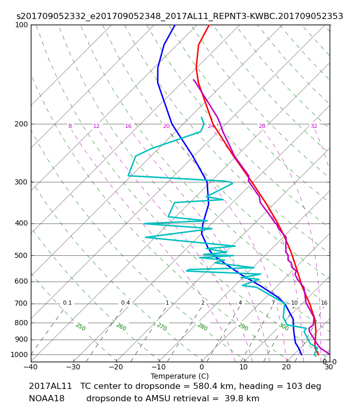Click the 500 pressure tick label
tap(21, 255)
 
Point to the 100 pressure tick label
tap(21, 25)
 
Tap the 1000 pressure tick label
tap(19, 354)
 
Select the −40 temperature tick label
tap(31, 367)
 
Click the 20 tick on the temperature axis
tap(286, 367)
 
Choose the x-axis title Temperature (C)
tap(179, 377)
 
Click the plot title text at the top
tap(179, 16)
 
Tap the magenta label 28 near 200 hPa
tap(262, 126)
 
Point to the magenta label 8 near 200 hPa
tap(70, 126)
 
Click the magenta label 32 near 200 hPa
tap(314, 126)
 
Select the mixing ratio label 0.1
tap(67, 303)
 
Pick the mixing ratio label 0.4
tap(125, 303)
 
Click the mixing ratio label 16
tap(324, 303)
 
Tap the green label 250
tap(81, 327)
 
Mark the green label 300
tap(284, 327)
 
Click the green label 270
tap(162, 327)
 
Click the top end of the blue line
tap(175, 25)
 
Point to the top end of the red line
tap(209, 25)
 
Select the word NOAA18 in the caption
tap(46, 399)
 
